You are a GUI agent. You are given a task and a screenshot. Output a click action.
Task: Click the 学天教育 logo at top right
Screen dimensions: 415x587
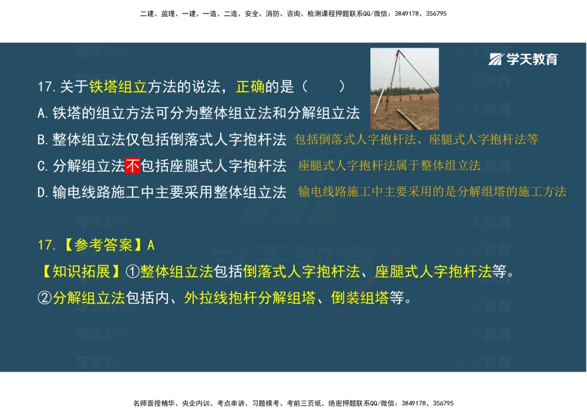tap(524, 59)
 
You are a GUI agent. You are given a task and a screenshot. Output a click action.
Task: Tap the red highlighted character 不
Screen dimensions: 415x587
tap(133, 166)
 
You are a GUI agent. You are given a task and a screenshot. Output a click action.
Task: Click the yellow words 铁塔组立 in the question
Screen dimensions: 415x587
tap(118, 87)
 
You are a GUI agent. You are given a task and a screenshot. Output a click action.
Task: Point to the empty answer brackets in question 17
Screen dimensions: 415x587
tap(323, 87)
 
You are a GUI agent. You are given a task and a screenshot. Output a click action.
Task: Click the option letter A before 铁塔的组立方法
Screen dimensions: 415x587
tap(42, 113)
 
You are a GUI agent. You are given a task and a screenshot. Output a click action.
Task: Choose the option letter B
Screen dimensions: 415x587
tap(42, 140)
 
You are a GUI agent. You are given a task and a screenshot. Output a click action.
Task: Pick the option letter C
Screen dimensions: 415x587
tap(42, 167)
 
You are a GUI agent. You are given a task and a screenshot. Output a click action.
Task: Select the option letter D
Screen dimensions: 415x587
tap(42, 193)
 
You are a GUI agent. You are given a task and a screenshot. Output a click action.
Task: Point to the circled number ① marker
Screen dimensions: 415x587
tap(133, 272)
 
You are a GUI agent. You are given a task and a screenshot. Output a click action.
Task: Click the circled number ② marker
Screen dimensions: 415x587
tap(45, 298)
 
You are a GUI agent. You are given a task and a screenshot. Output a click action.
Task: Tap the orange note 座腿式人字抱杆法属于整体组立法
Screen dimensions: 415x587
tap(389, 166)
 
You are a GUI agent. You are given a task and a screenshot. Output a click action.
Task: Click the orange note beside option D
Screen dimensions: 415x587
tap(431, 192)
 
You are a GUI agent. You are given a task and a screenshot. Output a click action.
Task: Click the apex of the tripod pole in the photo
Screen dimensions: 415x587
tap(397, 52)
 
